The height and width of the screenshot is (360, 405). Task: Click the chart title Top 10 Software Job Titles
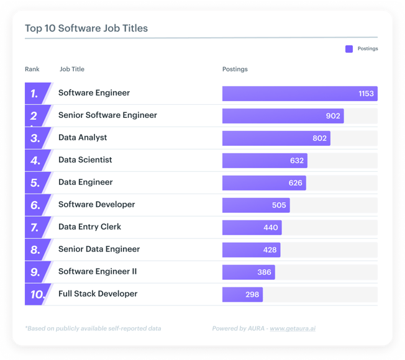86,29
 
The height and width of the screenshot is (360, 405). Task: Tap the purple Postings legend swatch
349,49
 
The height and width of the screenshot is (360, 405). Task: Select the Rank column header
32,69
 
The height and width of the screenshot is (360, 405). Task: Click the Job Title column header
72,69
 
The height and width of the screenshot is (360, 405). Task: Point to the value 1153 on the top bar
366,94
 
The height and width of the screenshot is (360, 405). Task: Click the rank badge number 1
35,94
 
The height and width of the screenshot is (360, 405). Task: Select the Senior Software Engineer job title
107,115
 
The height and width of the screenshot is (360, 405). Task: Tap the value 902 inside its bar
333,116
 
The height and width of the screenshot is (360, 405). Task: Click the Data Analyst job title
83,138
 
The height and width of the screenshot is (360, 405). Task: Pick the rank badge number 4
35,161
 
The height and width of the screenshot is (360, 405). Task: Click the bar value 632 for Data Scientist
297,161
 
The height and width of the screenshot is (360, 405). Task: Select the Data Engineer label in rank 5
86,182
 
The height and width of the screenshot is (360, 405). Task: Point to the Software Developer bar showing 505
256,205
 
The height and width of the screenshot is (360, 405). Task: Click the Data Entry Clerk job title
89,227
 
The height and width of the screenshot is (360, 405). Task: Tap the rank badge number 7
35,228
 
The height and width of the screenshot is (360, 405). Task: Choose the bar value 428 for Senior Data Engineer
270,250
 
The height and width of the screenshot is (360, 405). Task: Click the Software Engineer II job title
98,272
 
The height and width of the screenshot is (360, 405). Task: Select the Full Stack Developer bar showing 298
242,295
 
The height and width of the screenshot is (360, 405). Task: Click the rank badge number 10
37,295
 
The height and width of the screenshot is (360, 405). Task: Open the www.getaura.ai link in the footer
292,328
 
